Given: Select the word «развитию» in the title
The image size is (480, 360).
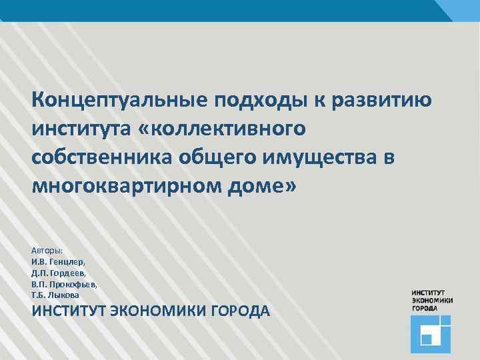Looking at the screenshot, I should [381, 102].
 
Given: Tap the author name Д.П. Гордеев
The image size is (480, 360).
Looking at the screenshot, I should [59, 273].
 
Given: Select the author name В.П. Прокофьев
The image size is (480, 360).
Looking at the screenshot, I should [64, 283].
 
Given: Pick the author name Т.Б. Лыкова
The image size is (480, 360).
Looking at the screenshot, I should [55, 294].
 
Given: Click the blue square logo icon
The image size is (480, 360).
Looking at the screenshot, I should [431, 334].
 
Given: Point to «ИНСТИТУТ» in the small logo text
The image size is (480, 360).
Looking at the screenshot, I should [429, 293].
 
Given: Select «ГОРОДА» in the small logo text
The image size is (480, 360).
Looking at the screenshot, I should [425, 308].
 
